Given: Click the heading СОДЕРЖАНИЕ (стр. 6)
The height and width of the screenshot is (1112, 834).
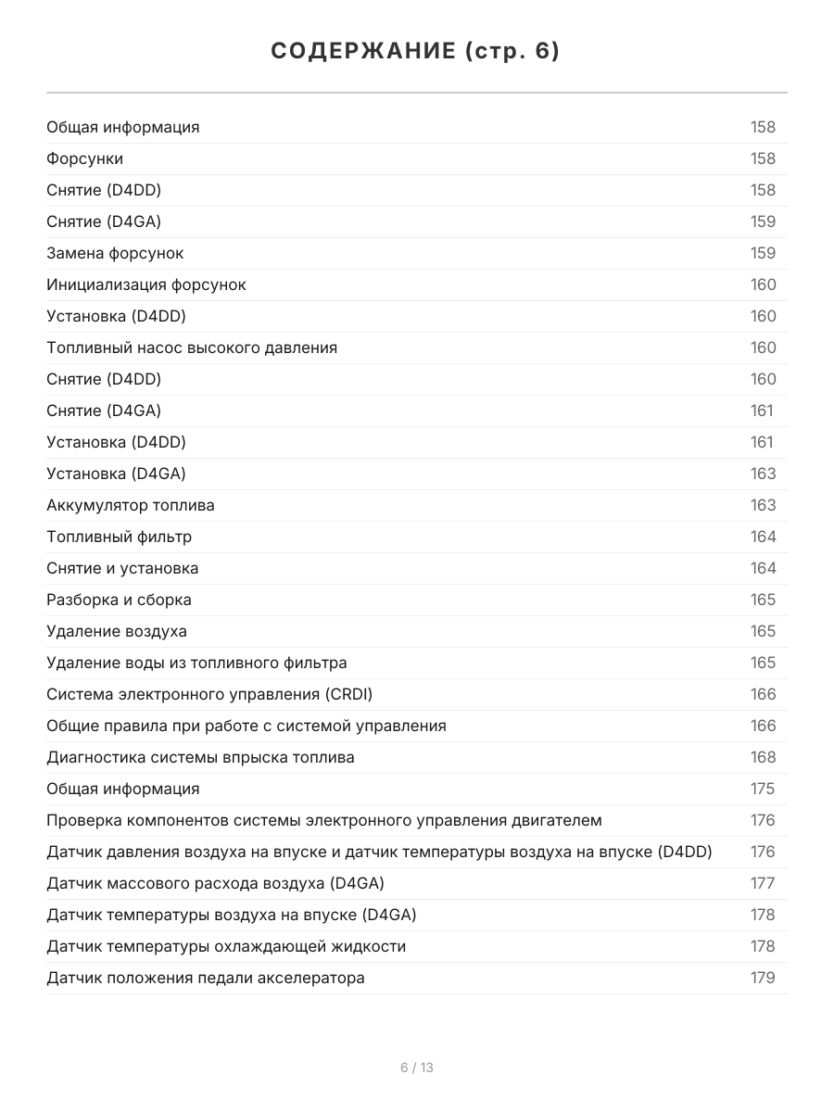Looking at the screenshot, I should [x=416, y=52].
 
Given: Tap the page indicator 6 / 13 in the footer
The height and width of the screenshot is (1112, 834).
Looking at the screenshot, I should [x=416, y=1068].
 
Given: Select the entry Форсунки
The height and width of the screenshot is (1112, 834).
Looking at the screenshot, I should [x=84, y=158].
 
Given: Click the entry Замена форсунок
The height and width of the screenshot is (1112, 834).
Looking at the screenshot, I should [x=115, y=253].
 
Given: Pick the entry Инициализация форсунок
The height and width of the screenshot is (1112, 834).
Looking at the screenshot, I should [x=145, y=284].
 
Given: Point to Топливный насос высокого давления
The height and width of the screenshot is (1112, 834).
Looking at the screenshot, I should [x=192, y=347].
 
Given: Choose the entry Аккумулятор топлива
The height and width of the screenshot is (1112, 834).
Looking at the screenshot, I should [x=130, y=505].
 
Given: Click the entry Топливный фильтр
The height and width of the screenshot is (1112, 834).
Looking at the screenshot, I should [x=119, y=537].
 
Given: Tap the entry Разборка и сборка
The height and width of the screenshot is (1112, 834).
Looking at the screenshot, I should [x=119, y=600].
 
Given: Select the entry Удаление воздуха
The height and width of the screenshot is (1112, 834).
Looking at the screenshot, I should [x=116, y=631].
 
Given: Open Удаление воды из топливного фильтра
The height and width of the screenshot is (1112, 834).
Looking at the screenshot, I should [x=196, y=663].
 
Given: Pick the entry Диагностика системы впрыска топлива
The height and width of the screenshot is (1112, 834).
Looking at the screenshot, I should [x=200, y=757].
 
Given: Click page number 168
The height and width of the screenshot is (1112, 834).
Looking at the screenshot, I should [x=763, y=757].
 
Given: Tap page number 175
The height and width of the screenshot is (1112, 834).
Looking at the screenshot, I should [x=763, y=789].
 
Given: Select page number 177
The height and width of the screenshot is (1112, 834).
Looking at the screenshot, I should [x=763, y=883].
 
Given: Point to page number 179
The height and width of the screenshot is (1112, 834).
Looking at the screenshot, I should [x=763, y=978].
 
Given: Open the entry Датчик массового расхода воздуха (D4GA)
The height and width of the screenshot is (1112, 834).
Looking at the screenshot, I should [x=215, y=883].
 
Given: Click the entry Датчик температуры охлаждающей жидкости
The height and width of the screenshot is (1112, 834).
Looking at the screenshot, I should [x=226, y=946].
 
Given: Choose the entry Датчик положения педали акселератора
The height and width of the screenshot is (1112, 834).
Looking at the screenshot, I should [x=205, y=978].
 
